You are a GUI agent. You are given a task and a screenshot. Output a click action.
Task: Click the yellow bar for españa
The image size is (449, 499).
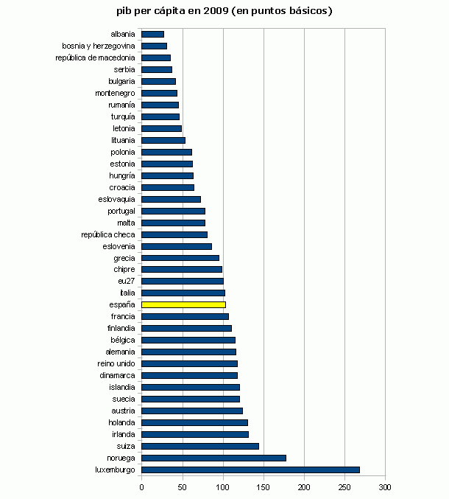183,304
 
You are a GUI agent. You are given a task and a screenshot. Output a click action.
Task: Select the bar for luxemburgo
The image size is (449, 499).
250,470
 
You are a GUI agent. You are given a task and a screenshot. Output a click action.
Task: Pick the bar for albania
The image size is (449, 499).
152,34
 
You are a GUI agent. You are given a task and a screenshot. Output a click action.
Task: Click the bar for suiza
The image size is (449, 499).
199,446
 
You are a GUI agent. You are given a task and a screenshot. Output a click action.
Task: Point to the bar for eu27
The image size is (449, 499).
182,281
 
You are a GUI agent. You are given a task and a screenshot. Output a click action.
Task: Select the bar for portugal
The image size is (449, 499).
173,211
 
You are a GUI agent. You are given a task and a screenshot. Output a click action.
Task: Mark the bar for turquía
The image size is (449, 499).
160,116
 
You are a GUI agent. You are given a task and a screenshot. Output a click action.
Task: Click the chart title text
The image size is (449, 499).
224,11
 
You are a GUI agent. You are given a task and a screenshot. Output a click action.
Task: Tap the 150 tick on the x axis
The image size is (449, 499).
264,487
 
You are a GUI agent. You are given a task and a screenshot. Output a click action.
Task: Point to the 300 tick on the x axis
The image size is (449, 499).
385,487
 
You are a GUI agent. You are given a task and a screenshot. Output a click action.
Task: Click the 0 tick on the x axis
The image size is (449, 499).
141,487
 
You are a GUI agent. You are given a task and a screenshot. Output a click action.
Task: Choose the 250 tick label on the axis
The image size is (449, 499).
344,487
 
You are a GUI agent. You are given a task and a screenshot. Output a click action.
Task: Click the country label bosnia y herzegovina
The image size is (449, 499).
99,46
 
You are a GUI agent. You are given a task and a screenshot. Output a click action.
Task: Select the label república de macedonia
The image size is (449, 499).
95,57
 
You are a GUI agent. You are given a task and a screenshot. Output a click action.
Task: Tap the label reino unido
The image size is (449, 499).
116,363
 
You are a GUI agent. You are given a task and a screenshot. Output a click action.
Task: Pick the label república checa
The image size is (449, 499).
108,234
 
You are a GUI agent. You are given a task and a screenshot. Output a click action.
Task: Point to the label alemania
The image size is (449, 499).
120,352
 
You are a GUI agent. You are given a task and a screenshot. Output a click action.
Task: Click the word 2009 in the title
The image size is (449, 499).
216,11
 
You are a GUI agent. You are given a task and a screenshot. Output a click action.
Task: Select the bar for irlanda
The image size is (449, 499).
194,434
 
